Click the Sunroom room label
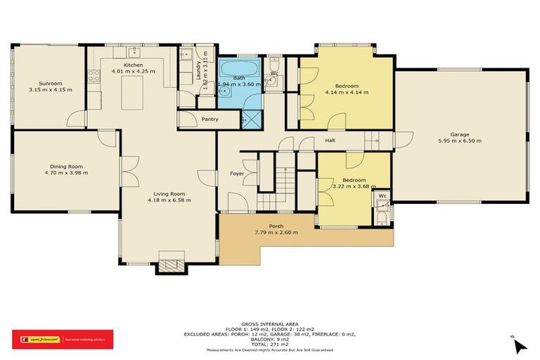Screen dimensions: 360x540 (x=51, y=84)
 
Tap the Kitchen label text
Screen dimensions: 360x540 (x=134, y=65)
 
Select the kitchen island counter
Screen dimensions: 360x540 (x=136, y=94)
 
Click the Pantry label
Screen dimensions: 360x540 (x=210, y=120)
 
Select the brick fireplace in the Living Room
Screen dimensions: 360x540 (x=171, y=265)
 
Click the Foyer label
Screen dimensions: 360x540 (x=237, y=173)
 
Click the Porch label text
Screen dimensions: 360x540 (x=277, y=226)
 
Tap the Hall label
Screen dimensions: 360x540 (x=330, y=141)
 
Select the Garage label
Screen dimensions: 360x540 (x=460, y=134)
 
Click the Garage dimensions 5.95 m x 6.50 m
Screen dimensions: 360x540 (x=460, y=141)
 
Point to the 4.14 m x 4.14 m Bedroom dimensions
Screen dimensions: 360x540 (x=343, y=92)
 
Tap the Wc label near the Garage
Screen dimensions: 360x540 (x=382, y=195)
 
